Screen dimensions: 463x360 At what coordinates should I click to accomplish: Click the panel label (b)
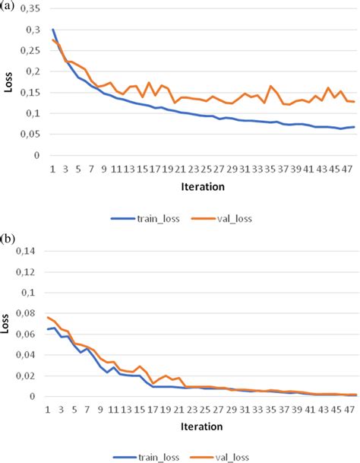coord(8,239)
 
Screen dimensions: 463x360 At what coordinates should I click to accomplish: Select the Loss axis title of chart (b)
coord(9,324)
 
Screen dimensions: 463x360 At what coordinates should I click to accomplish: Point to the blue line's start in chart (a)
coord(52,30)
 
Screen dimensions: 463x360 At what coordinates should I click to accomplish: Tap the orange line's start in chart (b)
coord(48,317)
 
